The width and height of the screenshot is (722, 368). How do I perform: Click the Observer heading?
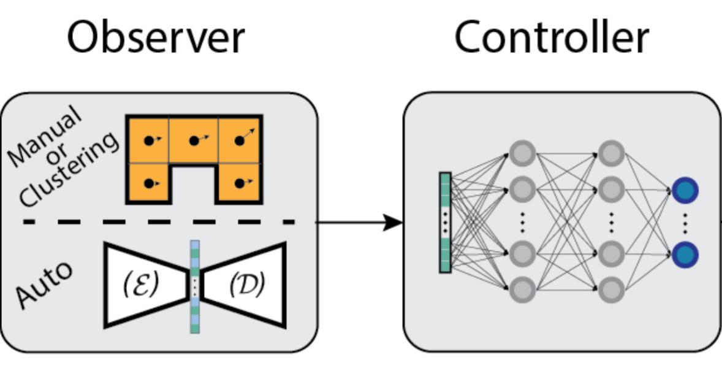tap(156, 37)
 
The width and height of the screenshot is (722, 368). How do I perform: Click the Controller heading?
tap(551, 37)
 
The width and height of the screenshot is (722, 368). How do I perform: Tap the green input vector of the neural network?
tap(445, 222)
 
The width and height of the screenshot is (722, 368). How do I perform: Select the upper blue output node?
tap(685, 191)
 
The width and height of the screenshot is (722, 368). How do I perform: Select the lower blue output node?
tap(685, 254)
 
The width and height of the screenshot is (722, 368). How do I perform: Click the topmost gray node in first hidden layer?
tap(522, 153)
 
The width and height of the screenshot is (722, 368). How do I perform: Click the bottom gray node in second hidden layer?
tap(611, 289)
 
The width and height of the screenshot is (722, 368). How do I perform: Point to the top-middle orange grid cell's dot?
tap(194, 141)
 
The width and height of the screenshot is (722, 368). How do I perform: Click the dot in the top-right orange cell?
tap(240, 141)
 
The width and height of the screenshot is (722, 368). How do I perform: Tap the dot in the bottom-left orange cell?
tap(149, 183)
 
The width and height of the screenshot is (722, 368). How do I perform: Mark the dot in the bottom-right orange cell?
tap(240, 183)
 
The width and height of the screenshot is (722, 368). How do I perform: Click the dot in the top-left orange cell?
tap(149, 141)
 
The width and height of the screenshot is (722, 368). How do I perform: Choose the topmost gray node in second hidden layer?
tap(611, 153)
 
